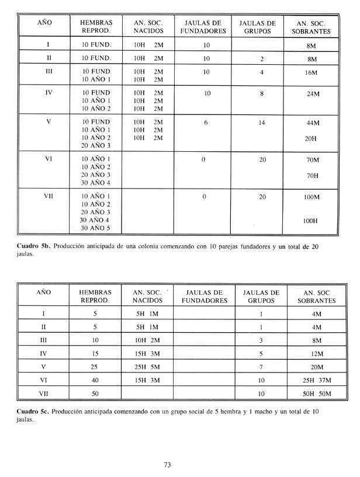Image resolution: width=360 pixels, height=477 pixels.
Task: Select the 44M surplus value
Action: (313, 123)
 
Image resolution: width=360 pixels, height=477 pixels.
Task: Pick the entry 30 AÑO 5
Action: (96, 228)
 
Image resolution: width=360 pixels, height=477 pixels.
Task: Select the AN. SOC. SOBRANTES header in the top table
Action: (313, 26)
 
